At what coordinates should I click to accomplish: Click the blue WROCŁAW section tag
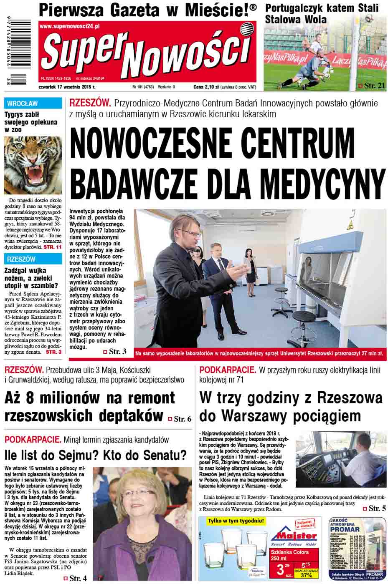pos(22,103)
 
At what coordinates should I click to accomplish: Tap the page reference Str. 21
pos(374,86)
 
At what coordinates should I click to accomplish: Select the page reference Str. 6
pos(183,418)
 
